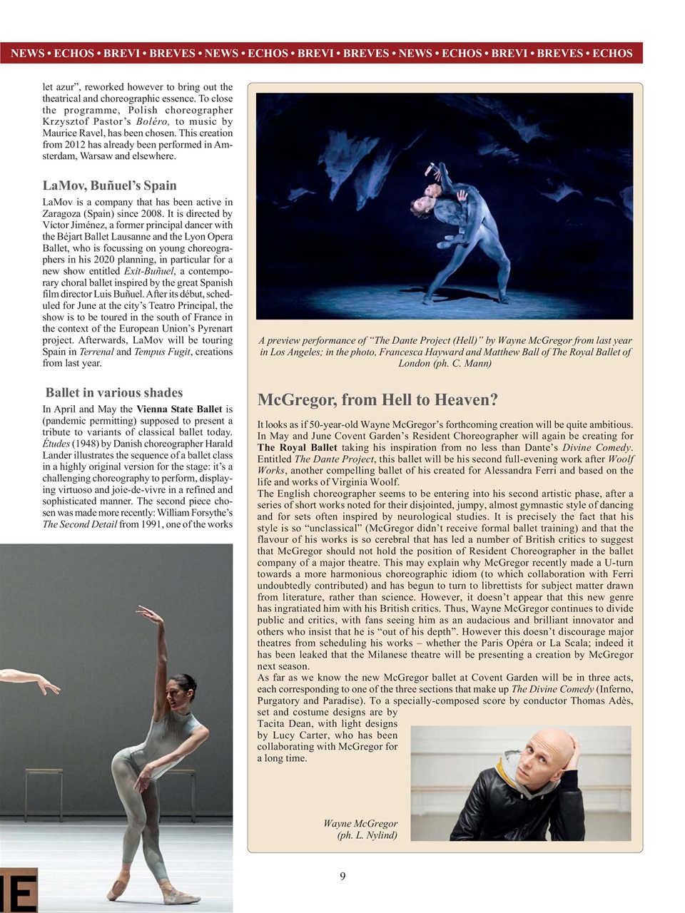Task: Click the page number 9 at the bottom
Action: click(342, 876)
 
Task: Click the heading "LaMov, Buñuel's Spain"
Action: click(109, 185)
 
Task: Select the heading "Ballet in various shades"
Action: click(114, 392)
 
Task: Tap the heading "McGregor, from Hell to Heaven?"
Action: click(377, 399)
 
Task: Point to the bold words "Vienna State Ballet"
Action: click(179, 409)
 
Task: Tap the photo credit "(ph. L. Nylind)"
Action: click(367, 835)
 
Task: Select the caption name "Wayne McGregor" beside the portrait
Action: click(360, 824)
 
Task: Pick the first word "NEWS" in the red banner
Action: click(27, 53)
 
